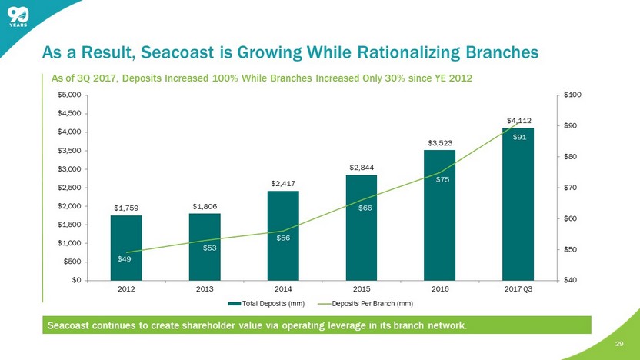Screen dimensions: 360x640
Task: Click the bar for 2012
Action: tap(126, 247)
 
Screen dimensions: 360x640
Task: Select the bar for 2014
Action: tap(283, 235)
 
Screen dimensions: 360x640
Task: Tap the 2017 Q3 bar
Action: tap(518, 203)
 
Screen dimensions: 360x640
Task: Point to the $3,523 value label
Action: tap(440, 143)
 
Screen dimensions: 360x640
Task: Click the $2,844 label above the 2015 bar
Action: tap(362, 168)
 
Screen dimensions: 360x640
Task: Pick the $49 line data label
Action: tap(124, 258)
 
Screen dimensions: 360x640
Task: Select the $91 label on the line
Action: tap(519, 137)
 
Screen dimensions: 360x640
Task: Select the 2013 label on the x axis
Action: tap(205, 289)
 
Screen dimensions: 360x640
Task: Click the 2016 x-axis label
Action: tap(440, 289)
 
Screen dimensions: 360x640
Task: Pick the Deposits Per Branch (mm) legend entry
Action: tap(373, 304)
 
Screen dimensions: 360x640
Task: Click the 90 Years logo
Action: tap(19, 18)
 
